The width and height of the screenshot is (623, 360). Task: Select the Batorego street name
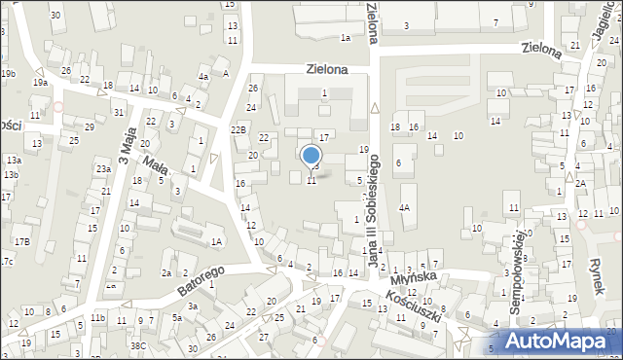tap(202, 280)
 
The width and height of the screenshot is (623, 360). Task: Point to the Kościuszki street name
tap(415, 303)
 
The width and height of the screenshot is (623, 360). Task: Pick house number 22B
tap(238, 129)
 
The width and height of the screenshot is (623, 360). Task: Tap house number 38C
tap(139, 345)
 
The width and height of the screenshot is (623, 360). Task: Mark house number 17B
tap(21, 241)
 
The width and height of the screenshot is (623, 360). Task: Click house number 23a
tap(102, 169)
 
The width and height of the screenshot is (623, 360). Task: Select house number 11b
tap(97, 318)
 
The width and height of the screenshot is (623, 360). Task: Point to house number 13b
tap(11, 175)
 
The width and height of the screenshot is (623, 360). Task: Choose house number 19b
tap(8, 74)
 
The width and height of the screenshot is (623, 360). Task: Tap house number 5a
tap(177, 318)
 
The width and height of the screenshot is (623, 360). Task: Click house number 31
tap(118, 112)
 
